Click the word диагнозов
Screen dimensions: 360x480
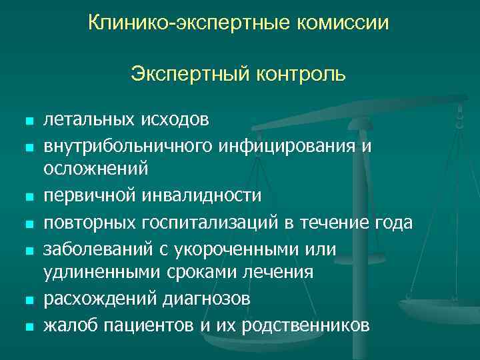207,299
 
